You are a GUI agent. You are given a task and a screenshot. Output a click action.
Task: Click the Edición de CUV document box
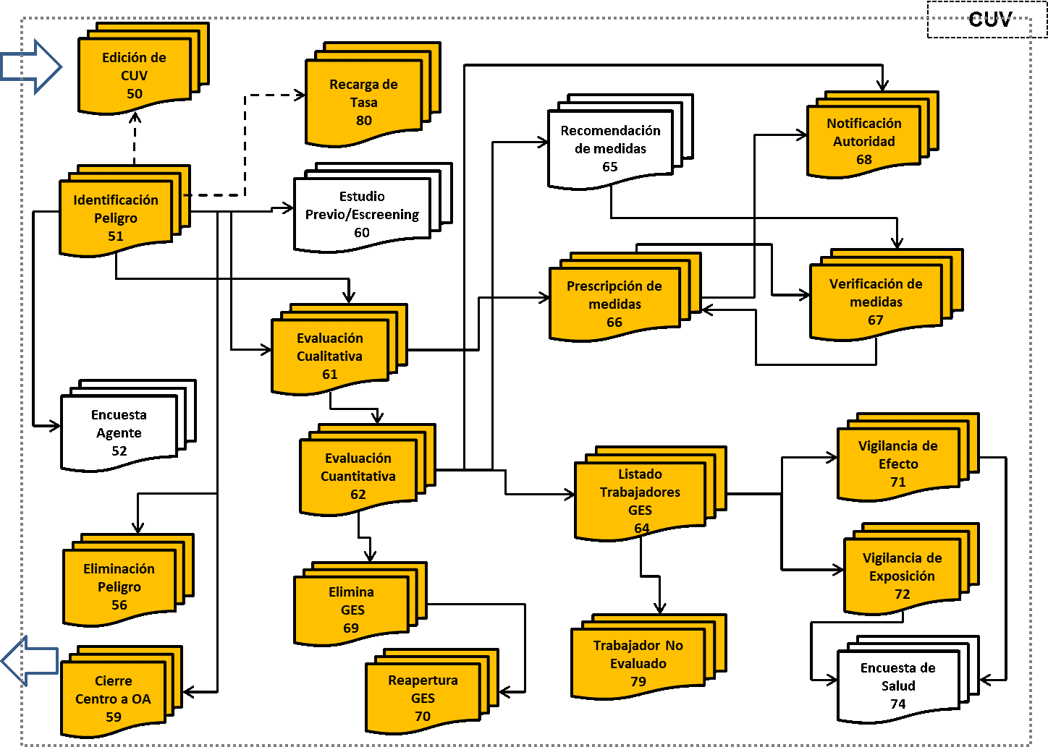point(135,75)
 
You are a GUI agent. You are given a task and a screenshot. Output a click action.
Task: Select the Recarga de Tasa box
point(363,102)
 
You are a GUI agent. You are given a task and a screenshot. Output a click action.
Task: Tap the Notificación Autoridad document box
point(863,141)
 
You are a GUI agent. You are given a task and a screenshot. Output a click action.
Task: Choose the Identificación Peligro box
point(116,218)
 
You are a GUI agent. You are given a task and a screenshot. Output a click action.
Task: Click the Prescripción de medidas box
point(614,304)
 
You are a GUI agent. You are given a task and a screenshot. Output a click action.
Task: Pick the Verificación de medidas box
point(876,302)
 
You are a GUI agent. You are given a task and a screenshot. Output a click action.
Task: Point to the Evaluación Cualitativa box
point(330,356)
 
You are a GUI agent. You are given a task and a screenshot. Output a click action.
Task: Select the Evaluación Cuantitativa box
point(358,476)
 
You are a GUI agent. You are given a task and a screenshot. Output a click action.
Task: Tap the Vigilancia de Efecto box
point(898,464)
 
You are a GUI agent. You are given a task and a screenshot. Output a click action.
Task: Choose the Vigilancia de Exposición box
point(902,576)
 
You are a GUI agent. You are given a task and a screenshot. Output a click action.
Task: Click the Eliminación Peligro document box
point(119,586)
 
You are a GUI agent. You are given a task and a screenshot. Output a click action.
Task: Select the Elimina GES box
point(352,610)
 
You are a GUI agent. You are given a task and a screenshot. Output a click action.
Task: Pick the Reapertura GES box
point(423,699)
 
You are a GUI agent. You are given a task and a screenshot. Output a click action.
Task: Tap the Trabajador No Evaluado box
point(638,663)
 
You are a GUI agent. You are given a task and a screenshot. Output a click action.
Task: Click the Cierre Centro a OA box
point(114,699)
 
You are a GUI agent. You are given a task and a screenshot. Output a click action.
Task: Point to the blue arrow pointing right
point(30,67)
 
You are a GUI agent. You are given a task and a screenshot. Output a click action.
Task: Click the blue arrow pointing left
point(30,660)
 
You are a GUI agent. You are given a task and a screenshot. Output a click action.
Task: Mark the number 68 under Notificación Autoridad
point(864,160)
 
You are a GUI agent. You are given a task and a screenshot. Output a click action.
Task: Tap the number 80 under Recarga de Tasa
point(364,121)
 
